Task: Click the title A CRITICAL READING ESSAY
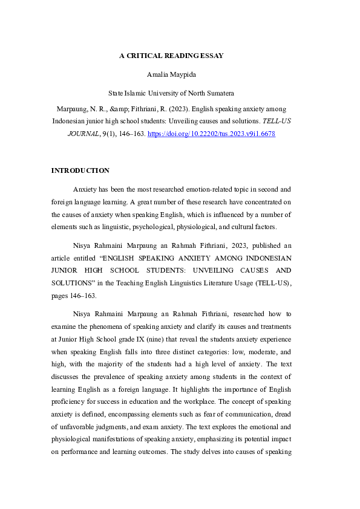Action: (x=171, y=56)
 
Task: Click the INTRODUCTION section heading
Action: (x=80, y=170)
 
